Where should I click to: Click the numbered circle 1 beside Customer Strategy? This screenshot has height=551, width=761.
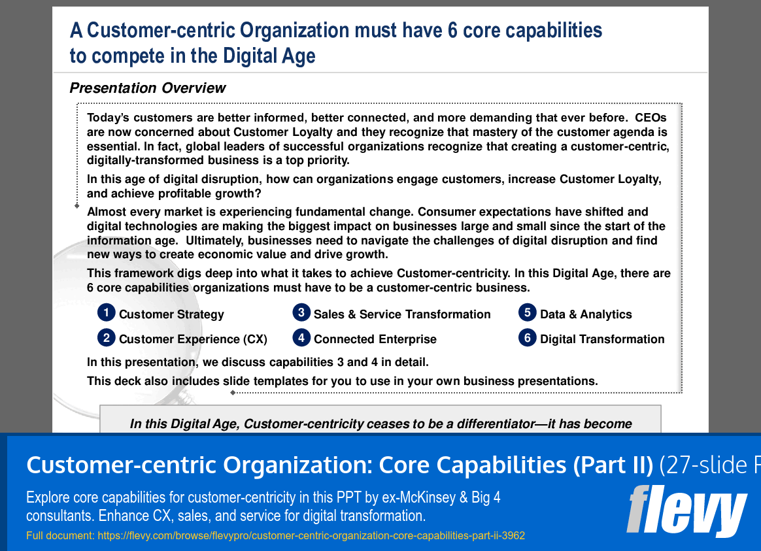click(106, 312)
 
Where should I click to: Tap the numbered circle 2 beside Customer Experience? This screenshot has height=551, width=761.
click(106, 337)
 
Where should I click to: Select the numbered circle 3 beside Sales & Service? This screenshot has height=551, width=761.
click(301, 312)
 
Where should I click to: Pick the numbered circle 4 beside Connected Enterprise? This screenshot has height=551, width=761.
click(301, 337)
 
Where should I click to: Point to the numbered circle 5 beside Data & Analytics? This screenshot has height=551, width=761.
click(527, 312)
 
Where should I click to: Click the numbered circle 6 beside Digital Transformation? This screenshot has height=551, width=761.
click(527, 337)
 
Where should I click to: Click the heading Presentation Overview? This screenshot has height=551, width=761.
click(148, 88)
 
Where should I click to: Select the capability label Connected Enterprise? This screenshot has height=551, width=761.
click(375, 339)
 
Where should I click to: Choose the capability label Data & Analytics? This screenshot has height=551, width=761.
click(586, 314)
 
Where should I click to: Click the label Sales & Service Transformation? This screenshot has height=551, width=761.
click(402, 314)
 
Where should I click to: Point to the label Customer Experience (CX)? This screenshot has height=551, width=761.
click(193, 339)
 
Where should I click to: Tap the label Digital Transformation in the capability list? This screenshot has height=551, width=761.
click(602, 339)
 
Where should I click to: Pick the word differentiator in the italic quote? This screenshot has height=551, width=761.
click(484, 424)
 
